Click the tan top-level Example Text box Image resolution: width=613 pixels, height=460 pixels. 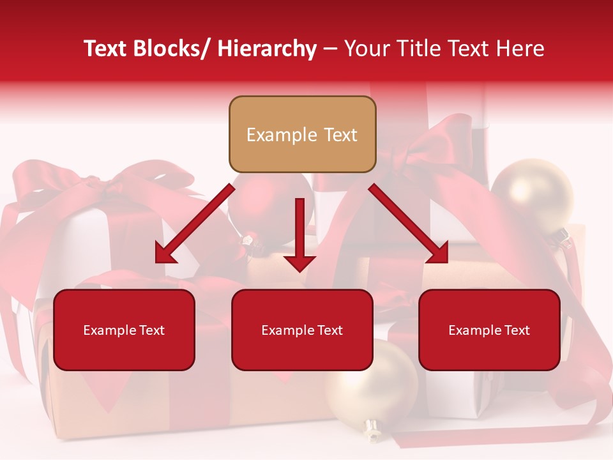point(302,134)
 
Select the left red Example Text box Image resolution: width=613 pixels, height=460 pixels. point(124,330)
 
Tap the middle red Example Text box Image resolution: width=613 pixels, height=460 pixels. point(302,330)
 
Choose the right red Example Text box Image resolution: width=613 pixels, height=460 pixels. point(489,330)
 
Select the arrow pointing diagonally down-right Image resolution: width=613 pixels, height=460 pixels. point(409,224)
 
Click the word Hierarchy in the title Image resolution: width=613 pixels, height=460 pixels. point(267,49)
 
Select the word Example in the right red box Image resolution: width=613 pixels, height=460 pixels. point(471,330)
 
